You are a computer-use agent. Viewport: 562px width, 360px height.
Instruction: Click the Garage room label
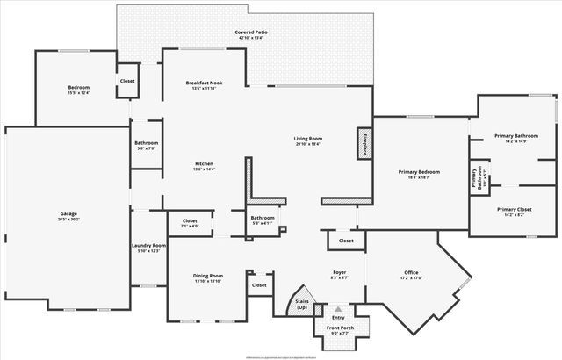(68, 213)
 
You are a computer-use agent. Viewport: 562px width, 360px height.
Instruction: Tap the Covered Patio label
(251, 32)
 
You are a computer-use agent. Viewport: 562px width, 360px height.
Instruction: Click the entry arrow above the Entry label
(338, 309)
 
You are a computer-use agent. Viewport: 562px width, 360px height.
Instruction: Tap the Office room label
(412, 273)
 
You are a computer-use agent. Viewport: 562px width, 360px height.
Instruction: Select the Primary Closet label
(514, 210)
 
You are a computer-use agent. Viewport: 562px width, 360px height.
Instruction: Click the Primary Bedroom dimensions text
(419, 177)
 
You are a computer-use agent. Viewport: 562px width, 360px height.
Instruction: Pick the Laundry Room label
(148, 245)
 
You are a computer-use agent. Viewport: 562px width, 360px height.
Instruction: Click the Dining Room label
(208, 276)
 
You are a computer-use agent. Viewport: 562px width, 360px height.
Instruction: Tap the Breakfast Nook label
(204, 83)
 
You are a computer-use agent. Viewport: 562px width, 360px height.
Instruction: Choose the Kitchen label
(204, 163)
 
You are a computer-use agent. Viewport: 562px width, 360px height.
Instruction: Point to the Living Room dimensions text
(307, 144)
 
